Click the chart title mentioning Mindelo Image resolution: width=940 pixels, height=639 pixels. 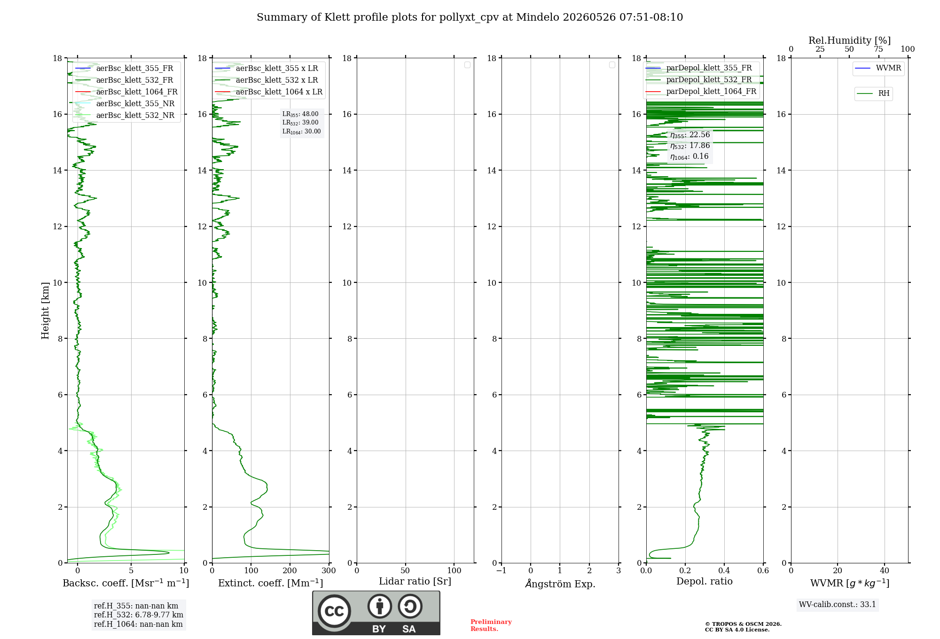tap(470, 17)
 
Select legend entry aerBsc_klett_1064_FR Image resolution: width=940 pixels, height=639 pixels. tap(126, 92)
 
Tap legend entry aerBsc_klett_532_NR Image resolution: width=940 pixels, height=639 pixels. tap(125, 115)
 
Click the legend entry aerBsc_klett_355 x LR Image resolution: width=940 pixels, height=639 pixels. tap(266, 68)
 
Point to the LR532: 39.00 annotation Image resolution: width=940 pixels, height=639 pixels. tap(300, 123)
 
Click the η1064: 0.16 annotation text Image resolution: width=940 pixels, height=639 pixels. tap(689, 156)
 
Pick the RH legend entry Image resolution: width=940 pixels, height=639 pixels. tap(873, 94)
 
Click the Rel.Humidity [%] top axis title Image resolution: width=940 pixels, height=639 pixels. tap(849, 40)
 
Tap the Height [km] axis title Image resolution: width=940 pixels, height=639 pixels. tap(45, 311)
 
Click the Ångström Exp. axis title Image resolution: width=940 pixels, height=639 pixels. tap(560, 584)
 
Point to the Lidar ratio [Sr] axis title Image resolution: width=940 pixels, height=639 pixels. tap(415, 582)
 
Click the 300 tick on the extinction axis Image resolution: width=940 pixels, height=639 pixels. tap(329, 570)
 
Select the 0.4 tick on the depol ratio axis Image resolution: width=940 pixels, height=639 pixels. tap(724, 570)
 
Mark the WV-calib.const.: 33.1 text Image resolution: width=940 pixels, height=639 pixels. tap(838, 604)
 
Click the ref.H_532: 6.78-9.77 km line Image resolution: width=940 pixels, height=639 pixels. tap(139, 615)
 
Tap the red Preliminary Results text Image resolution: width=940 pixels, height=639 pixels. tap(491, 625)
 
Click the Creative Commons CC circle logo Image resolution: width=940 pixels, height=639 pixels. tap(334, 611)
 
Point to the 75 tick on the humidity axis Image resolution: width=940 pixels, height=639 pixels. tap(878, 49)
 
